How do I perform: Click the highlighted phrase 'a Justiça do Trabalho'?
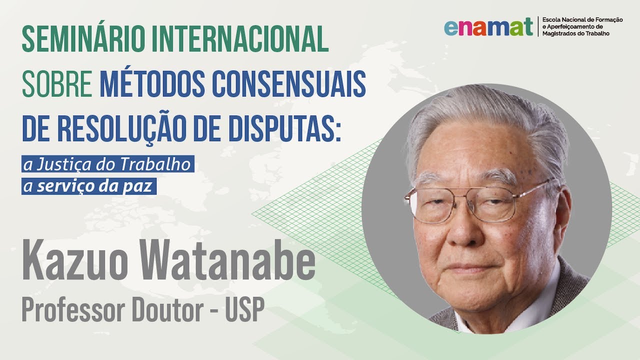(x=107, y=164)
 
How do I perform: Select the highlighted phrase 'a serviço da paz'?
(x=90, y=186)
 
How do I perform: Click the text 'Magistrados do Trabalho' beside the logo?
(x=575, y=33)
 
